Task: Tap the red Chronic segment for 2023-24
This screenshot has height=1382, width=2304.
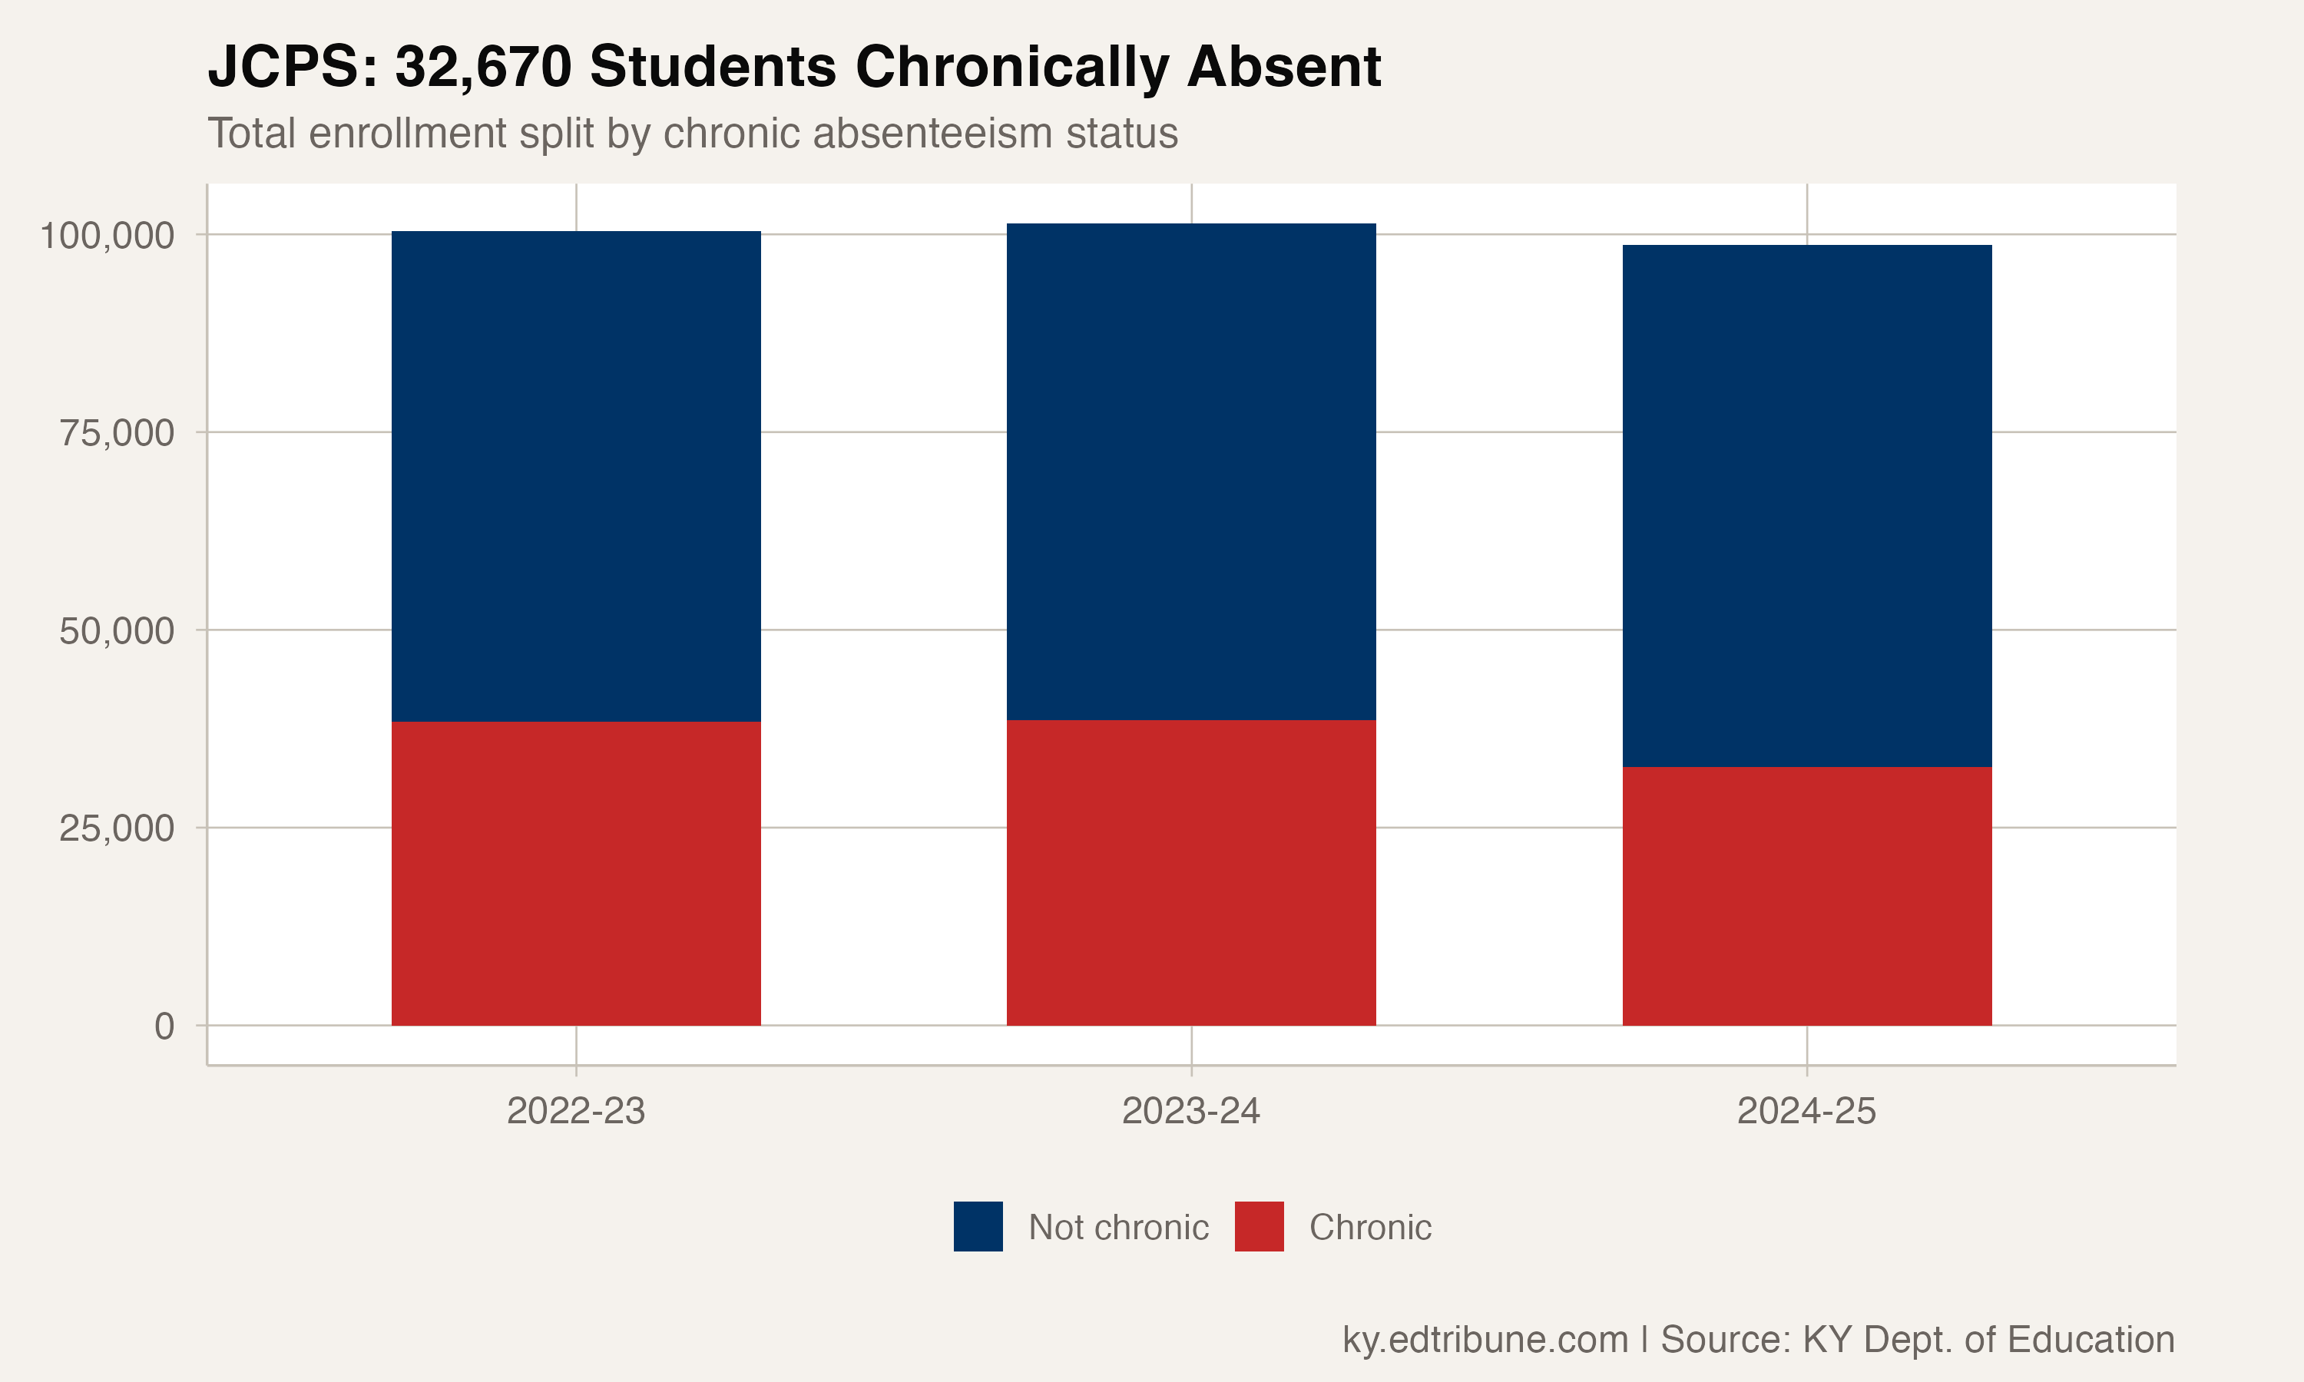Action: pyautogui.click(x=1191, y=873)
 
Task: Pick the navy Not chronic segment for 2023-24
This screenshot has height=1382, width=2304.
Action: pyautogui.click(x=1191, y=471)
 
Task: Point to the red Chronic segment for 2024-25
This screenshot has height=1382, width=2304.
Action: pyautogui.click(x=1806, y=896)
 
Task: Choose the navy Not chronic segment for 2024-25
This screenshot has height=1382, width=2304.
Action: pyautogui.click(x=1806, y=506)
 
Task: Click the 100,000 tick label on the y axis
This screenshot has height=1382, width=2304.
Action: pyautogui.click(x=107, y=236)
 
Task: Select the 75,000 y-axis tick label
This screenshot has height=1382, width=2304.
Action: pyautogui.click(x=117, y=433)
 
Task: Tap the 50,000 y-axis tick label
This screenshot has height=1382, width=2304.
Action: pyautogui.click(x=117, y=631)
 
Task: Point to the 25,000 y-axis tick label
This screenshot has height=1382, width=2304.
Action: pyautogui.click(x=117, y=829)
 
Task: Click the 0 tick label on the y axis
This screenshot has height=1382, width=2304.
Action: pyautogui.click(x=164, y=1027)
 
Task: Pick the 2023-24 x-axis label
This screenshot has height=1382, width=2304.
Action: pyautogui.click(x=1191, y=1111)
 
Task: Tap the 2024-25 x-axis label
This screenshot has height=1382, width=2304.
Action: pyautogui.click(x=1806, y=1111)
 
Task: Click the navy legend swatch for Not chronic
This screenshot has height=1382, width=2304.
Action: pyautogui.click(x=978, y=1226)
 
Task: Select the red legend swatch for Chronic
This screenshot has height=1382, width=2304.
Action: pyautogui.click(x=1259, y=1226)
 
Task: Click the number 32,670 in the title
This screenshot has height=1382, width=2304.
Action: pyautogui.click(x=483, y=67)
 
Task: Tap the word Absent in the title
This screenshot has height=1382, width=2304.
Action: pyautogui.click(x=1284, y=67)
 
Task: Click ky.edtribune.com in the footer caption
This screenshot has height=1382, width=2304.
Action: pyautogui.click(x=1485, y=1339)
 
